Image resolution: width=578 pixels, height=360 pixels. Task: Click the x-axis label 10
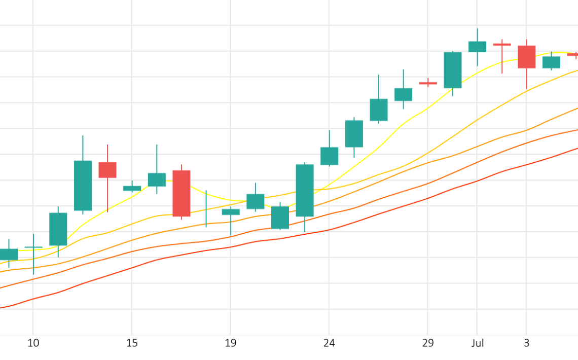33,343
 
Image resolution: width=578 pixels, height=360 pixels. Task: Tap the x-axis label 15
132,343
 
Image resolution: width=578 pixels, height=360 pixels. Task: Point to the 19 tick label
230,343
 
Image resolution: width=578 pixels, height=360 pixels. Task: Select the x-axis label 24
329,343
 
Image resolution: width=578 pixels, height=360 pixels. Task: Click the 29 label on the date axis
428,343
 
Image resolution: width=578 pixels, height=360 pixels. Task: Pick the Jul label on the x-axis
477,343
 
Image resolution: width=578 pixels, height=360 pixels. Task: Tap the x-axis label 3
526,343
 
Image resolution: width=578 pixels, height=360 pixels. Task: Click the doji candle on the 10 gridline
33,247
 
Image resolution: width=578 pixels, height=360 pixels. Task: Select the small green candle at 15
132,188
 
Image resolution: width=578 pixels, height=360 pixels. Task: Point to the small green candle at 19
231,212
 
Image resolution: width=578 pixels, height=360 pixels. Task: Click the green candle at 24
329,156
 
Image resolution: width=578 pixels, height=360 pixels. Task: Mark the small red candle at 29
428,83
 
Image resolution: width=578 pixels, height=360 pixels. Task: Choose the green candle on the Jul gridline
477,47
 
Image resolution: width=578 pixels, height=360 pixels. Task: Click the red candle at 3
526,57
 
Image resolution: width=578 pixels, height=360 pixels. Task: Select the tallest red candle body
181,193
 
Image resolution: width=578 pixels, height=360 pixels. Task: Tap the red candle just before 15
107,170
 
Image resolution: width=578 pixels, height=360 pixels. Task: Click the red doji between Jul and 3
502,45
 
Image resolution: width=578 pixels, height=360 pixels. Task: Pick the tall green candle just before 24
305,190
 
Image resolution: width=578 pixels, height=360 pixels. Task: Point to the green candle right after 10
58,229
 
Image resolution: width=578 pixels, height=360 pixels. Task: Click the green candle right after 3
551,62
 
